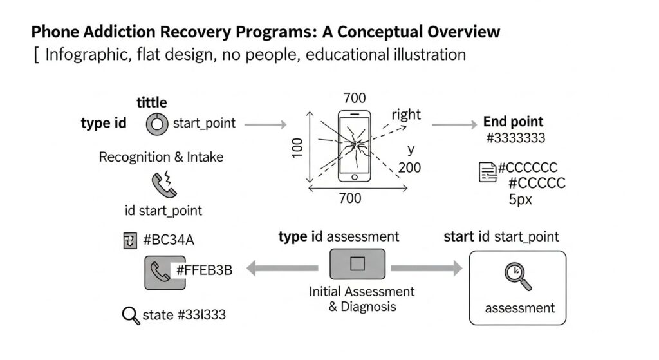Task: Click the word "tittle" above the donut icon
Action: click(x=151, y=102)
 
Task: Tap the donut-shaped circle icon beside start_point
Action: click(x=157, y=123)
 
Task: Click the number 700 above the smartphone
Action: click(x=355, y=98)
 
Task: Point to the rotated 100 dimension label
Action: click(x=297, y=147)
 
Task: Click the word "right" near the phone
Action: click(x=405, y=115)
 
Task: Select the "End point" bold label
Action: click(x=513, y=121)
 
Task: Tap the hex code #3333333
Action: click(x=517, y=138)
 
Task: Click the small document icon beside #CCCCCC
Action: click(x=488, y=171)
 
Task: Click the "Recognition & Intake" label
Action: click(x=161, y=157)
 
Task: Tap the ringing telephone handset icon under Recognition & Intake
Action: click(x=161, y=184)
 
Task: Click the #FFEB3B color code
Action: click(x=204, y=270)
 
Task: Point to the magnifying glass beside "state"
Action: click(x=131, y=316)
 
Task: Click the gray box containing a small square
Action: click(x=357, y=263)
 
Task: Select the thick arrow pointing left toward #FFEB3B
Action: click(x=283, y=269)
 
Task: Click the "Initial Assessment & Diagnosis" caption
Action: click(x=362, y=299)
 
